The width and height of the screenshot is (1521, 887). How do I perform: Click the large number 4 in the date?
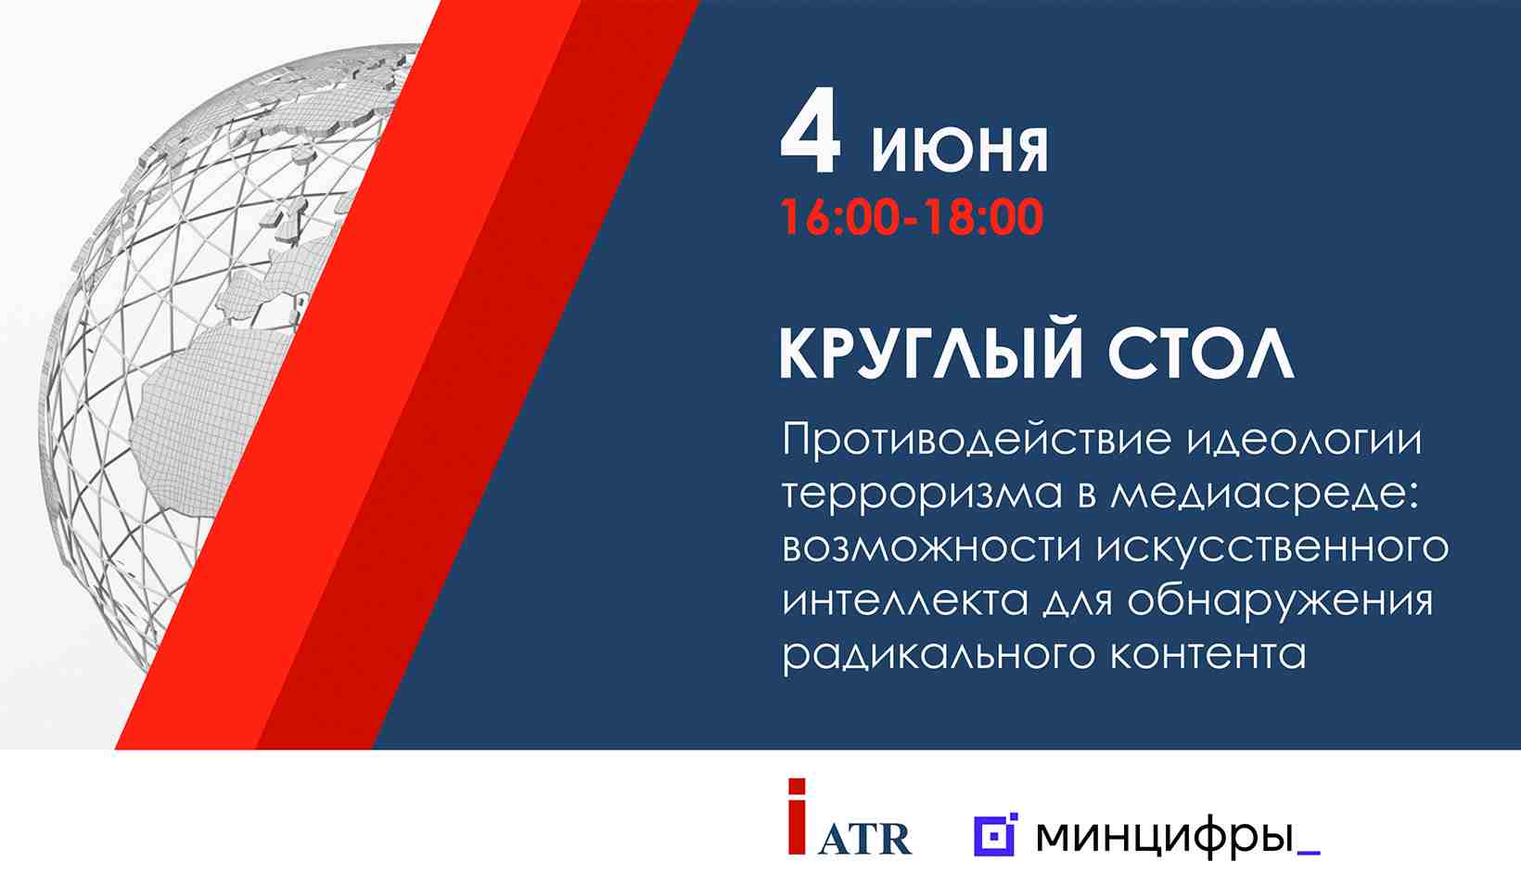click(x=812, y=132)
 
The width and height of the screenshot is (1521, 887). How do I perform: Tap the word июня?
click(x=960, y=149)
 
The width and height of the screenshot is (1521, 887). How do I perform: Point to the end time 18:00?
click(x=985, y=217)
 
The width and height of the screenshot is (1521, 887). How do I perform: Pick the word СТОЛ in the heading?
click(x=1200, y=355)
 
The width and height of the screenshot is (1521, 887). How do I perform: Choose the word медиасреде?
click(x=1265, y=492)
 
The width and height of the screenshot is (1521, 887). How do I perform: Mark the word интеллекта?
click(x=905, y=602)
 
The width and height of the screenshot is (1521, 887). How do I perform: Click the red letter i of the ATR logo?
click(x=798, y=816)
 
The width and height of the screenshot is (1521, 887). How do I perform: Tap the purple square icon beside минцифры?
click(x=995, y=834)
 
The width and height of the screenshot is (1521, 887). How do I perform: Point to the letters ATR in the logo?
click(x=864, y=840)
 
